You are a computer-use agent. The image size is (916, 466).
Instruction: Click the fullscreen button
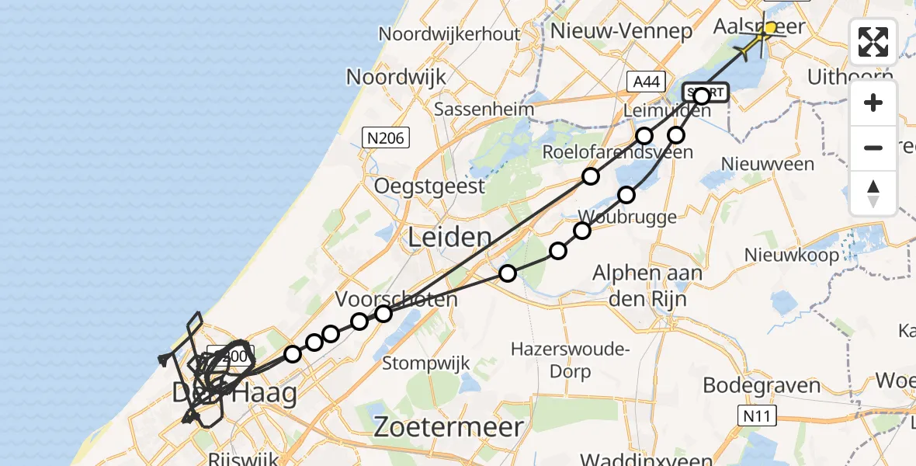point(873,42)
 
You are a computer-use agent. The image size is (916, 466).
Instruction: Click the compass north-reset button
point(873,193)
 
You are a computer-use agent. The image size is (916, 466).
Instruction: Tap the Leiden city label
point(451,238)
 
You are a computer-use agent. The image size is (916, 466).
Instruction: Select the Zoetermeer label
point(449,426)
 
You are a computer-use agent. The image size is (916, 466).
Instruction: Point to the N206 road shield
point(385,138)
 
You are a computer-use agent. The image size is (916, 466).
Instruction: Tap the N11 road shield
point(757,416)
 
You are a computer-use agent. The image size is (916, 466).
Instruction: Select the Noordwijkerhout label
point(449,34)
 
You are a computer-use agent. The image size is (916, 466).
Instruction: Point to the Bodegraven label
point(762,385)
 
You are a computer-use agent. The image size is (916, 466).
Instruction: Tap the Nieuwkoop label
point(791,255)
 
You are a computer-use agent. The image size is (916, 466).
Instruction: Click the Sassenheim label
point(484,109)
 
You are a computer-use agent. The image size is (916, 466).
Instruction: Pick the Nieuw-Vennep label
point(620,32)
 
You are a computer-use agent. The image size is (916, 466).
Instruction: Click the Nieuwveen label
point(768,164)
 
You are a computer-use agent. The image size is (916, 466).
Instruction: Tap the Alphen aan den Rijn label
point(647,284)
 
